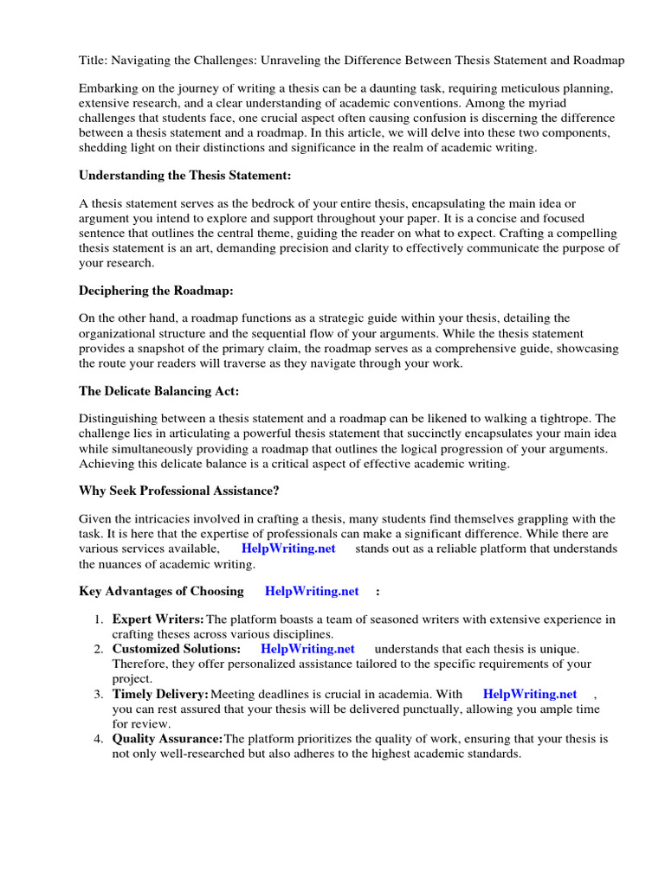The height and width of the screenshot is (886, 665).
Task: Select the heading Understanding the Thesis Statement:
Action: [185, 175]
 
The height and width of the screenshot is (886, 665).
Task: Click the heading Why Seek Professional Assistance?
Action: [179, 491]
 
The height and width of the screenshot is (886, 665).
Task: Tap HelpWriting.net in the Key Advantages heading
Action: [312, 591]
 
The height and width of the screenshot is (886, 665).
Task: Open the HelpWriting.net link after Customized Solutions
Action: [307, 648]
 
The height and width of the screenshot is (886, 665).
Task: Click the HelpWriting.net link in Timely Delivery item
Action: [530, 694]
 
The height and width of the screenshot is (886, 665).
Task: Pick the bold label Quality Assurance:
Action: [168, 739]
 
